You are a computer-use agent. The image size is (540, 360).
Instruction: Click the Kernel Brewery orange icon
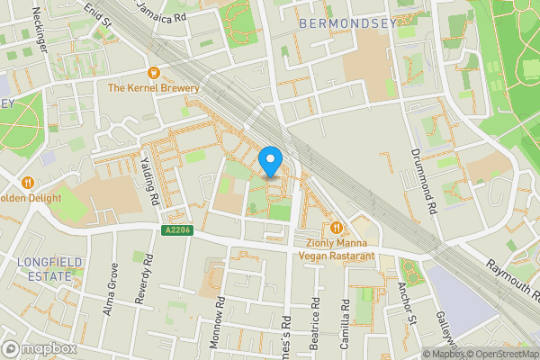pos(154,72)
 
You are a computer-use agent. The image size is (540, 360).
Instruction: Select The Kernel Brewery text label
pos(153,88)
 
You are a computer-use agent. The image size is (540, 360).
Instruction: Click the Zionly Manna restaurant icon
pos(337,228)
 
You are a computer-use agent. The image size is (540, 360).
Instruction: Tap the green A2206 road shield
pos(177,230)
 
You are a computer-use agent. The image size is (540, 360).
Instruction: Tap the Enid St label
pos(98,13)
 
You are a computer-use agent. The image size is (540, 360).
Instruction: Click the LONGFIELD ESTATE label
pos(42,269)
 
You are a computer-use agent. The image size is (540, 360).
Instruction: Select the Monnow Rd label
pos(219,310)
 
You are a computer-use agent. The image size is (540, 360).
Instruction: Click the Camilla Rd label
pos(344,323)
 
